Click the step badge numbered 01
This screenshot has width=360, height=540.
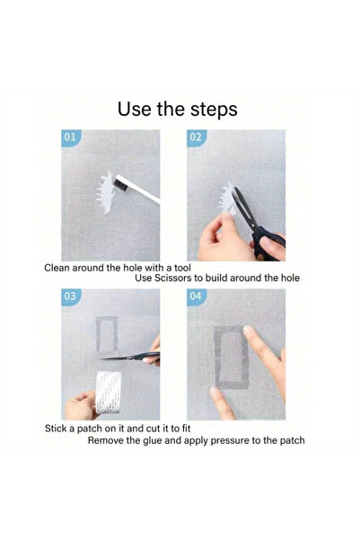(x=70, y=137)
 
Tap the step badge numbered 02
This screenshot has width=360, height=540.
(x=196, y=137)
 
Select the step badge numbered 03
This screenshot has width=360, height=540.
(x=70, y=297)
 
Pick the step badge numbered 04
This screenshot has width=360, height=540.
(x=196, y=297)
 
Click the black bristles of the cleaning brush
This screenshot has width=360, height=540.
(x=119, y=183)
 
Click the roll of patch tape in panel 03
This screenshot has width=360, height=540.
(x=108, y=392)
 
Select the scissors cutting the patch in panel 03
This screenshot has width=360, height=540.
(x=130, y=357)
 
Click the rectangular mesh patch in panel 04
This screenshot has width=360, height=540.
(x=231, y=358)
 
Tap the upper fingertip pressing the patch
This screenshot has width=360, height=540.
(x=248, y=330)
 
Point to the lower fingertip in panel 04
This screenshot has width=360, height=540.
(x=215, y=391)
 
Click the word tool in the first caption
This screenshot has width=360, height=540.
(x=182, y=268)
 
